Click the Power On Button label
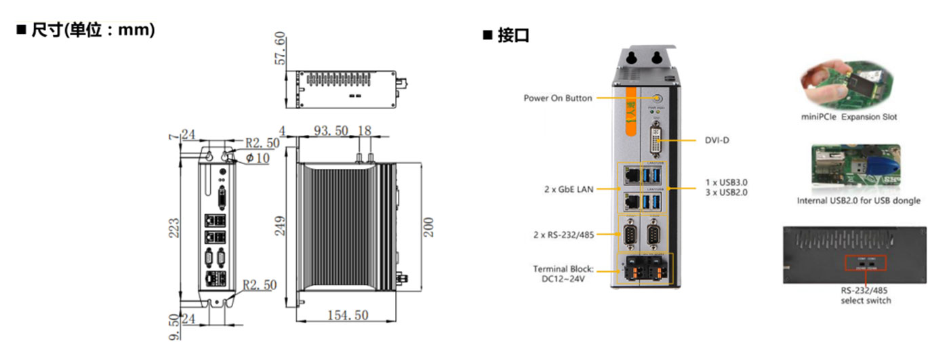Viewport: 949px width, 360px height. coord(557,98)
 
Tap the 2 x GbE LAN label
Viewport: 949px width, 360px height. coord(568,190)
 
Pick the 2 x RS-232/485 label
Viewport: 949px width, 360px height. coord(563,235)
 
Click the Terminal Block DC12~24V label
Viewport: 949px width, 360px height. coord(563,273)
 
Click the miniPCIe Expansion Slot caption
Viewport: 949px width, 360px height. coord(848,117)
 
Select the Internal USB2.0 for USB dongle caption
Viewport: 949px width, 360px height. coord(858,201)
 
